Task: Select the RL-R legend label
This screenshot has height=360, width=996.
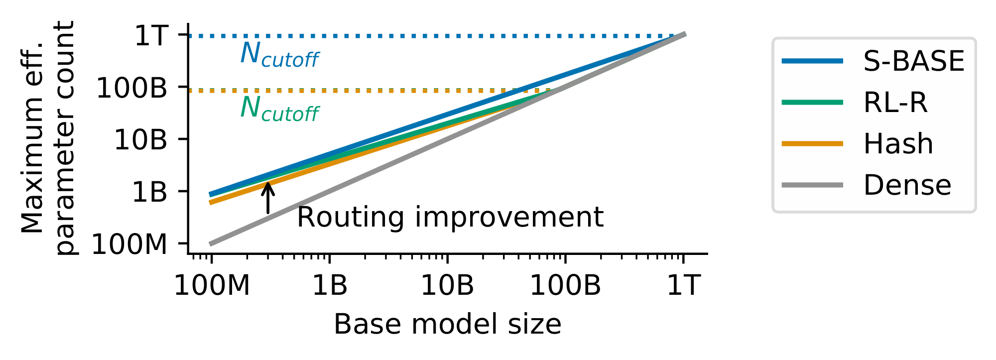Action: point(895,103)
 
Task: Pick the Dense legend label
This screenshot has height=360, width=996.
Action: point(907,185)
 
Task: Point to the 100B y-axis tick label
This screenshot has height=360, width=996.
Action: point(131,89)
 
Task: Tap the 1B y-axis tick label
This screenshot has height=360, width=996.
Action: point(149,192)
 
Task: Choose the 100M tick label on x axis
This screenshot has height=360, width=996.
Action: point(211,286)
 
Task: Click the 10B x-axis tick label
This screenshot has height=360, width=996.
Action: point(447,286)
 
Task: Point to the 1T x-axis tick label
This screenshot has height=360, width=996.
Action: point(683,286)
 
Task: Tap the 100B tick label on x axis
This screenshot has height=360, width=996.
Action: point(565,286)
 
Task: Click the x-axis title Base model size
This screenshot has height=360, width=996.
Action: point(447,325)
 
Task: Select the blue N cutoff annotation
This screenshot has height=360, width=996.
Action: point(279,55)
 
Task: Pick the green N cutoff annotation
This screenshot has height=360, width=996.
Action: point(279,109)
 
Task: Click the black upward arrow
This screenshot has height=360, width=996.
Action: point(268,198)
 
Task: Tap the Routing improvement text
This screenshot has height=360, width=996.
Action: point(450,218)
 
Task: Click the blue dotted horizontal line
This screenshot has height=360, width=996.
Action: point(398,36)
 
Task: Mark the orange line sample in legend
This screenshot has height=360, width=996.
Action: point(812,144)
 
